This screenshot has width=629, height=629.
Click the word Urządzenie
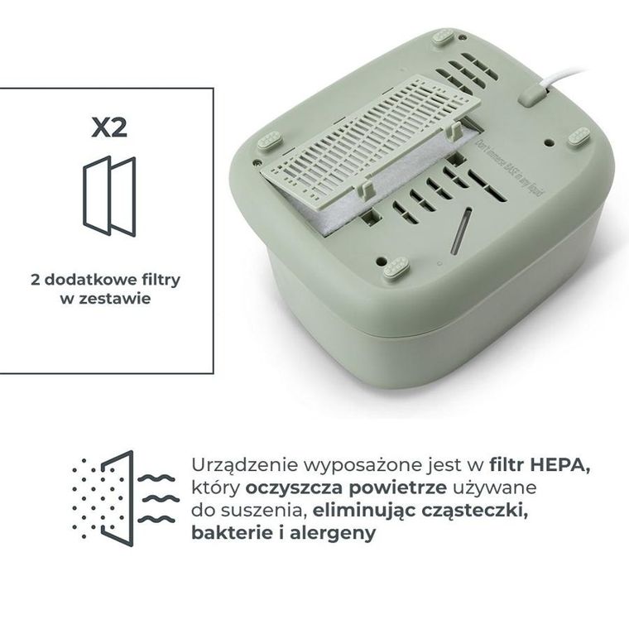pos(238,465)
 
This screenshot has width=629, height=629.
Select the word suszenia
pos(262,510)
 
